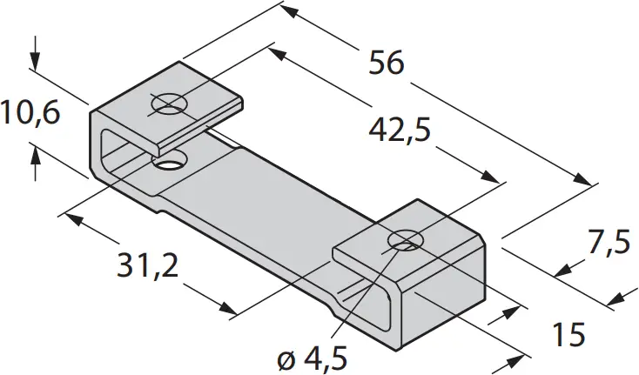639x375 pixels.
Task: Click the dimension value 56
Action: point(387,63)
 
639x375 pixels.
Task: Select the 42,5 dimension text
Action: point(400,131)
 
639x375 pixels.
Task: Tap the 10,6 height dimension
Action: point(30,112)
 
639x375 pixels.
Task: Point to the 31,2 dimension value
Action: point(147,265)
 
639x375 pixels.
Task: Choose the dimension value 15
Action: point(568,334)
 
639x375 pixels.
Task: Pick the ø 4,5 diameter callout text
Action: point(313,358)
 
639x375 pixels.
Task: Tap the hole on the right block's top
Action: point(406,238)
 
